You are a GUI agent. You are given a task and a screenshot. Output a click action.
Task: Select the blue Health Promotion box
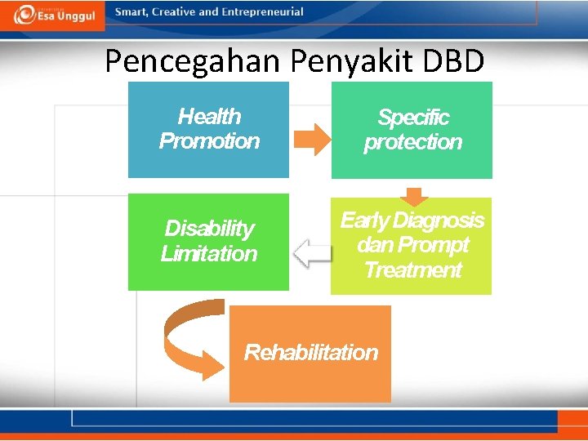pyautogui.click(x=208, y=129)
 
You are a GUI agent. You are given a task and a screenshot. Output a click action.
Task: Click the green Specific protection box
pyautogui.click(x=412, y=130)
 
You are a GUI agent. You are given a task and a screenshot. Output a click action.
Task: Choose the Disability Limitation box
pyautogui.click(x=208, y=242)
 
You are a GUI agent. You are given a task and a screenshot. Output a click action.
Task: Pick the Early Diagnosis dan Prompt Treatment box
pyautogui.click(x=412, y=245)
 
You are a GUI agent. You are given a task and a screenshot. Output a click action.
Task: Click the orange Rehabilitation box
pyautogui.click(x=310, y=353)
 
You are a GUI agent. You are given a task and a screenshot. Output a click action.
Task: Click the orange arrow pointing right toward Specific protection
pyautogui.click(x=310, y=139)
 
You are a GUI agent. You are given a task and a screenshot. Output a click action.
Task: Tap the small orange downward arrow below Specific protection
pyautogui.click(x=415, y=196)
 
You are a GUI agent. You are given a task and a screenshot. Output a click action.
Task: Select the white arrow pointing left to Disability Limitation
pyautogui.click(x=312, y=253)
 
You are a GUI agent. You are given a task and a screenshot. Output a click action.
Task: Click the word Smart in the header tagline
pyautogui.click(x=131, y=12)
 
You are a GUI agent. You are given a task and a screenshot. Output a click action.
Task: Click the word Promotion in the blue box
pyautogui.click(x=209, y=141)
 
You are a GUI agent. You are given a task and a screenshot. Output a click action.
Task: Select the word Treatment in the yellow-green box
pyautogui.click(x=412, y=270)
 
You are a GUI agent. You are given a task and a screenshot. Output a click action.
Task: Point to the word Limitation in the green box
pyautogui.click(x=209, y=254)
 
